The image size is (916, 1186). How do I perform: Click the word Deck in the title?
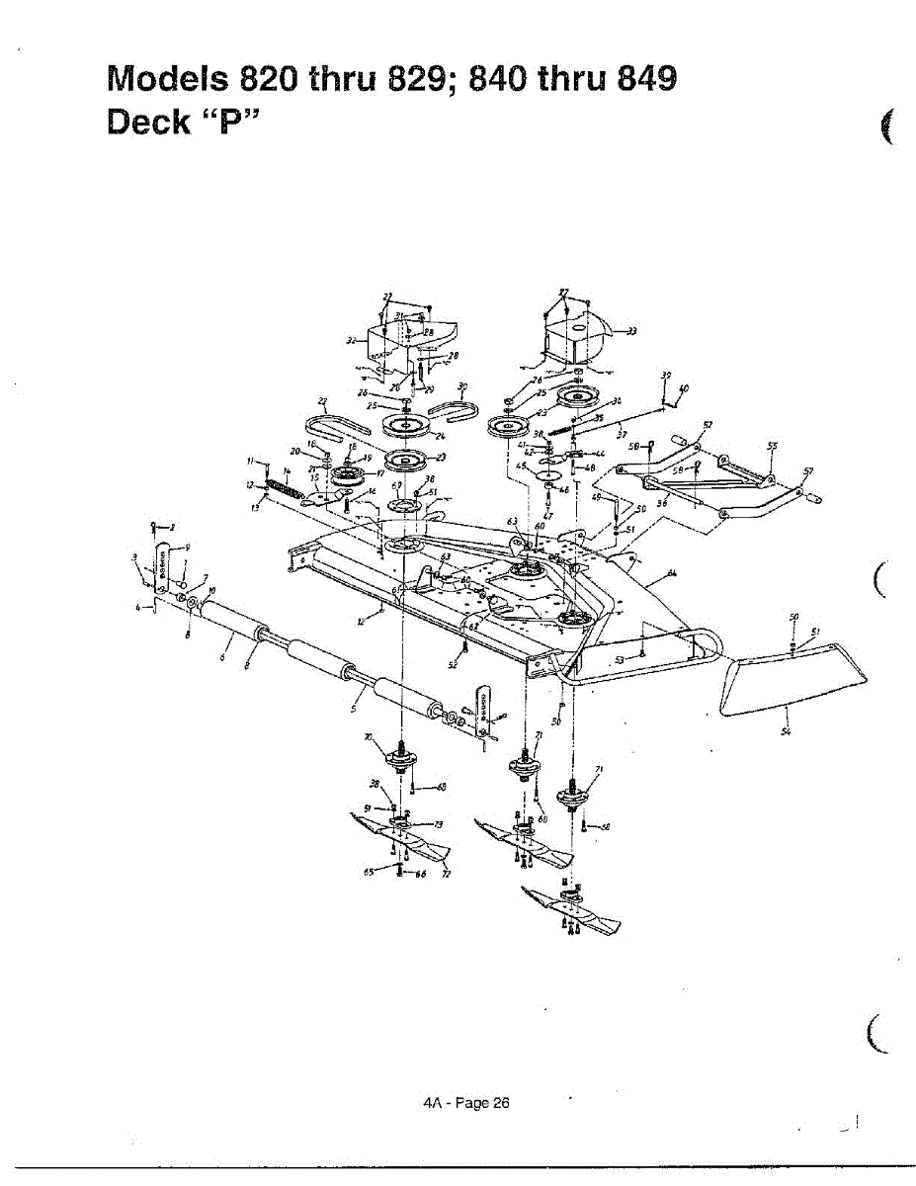coord(148,123)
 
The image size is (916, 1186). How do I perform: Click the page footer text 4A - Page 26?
coord(465,1103)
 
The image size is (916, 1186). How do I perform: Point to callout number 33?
coord(631,331)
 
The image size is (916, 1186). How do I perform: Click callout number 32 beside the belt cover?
coord(350,341)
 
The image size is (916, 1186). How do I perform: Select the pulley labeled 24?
coord(407,427)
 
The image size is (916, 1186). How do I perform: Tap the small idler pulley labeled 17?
coord(349,476)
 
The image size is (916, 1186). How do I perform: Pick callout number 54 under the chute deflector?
coord(786,731)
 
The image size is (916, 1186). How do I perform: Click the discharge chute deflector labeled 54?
coord(791,682)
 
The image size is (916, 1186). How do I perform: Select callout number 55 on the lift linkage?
coord(773,446)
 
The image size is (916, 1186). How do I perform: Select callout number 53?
coord(621,659)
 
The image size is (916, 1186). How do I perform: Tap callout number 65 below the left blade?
coord(368,873)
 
